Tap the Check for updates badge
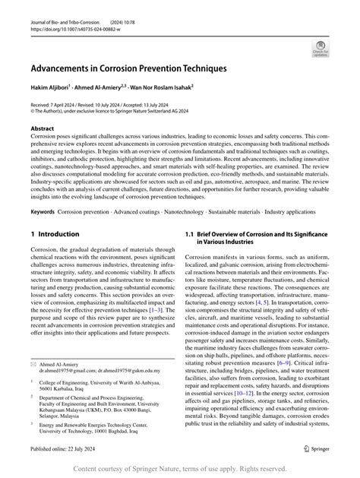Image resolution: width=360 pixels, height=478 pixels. (x=319, y=51)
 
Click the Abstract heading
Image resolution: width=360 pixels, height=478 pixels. (x=43, y=130)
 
